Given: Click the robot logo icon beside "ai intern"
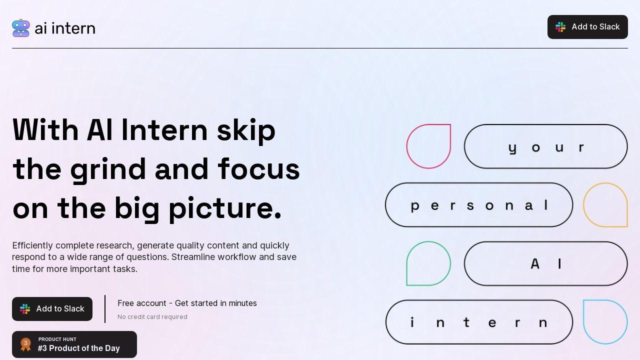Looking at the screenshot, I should [x=21, y=28].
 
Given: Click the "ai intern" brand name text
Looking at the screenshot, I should [x=65, y=28].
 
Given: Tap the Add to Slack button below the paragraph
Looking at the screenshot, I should [x=52, y=309].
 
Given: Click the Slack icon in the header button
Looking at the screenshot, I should [x=561, y=27].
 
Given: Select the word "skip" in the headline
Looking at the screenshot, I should [x=246, y=130].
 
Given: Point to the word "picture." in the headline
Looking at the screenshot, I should [x=225, y=208].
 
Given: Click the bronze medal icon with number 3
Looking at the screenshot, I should [x=25, y=344].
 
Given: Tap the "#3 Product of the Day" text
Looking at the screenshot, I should [x=79, y=348].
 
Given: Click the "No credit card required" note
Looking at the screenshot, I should [x=152, y=317].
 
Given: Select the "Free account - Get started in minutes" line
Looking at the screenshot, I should [x=187, y=303].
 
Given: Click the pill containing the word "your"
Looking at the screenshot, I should [x=545, y=146].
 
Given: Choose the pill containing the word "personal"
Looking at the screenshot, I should [x=479, y=205].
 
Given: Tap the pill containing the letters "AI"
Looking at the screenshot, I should [x=545, y=263].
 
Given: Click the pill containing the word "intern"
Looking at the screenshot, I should [x=479, y=322].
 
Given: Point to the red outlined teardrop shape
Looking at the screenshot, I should [x=428, y=146].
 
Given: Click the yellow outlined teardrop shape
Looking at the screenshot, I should [x=605, y=205].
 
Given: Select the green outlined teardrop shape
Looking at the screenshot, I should [x=428, y=263].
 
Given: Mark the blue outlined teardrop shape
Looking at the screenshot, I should [x=605, y=322].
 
